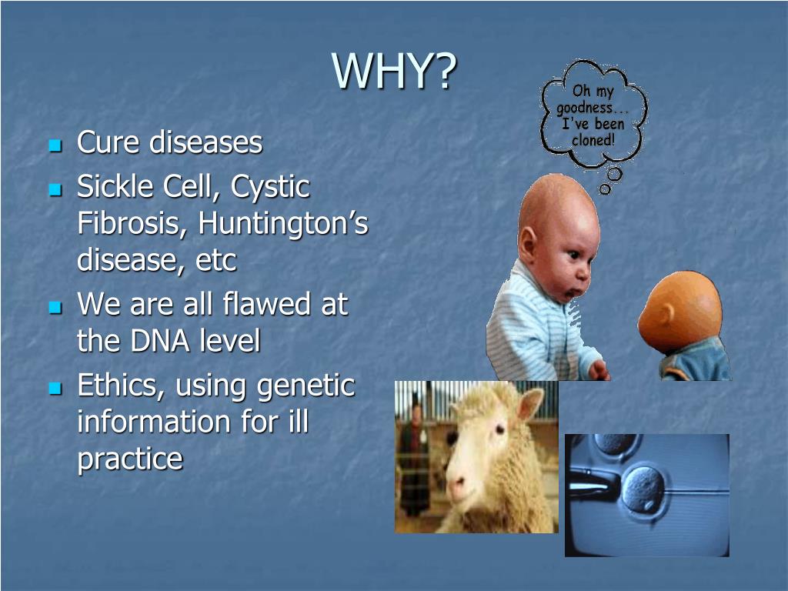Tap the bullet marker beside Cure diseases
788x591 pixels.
pos(55,145)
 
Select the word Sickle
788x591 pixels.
pos(114,186)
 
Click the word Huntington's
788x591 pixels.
pos(283,223)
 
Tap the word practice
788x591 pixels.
pos(130,459)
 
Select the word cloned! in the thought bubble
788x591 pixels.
pos(593,140)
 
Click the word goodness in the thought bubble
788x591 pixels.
pos(584,108)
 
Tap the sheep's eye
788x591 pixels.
pos(499,429)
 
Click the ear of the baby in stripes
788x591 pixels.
pos(527,245)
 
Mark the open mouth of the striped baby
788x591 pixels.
pos(569,292)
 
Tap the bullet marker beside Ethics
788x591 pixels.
pos(55,389)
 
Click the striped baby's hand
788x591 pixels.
pos(599,370)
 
